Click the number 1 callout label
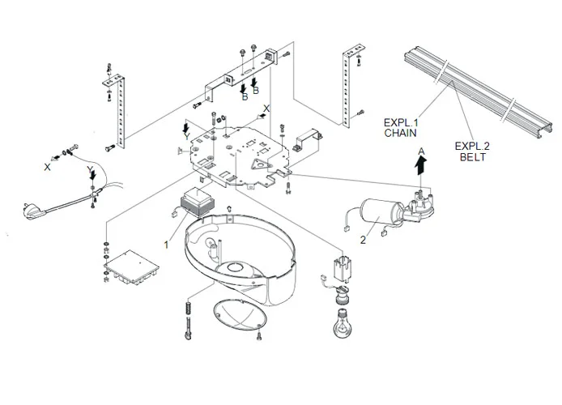point(167,242)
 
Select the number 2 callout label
point(363,239)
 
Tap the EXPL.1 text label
point(401,122)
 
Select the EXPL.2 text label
point(472,146)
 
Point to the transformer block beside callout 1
point(197,202)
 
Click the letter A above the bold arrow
point(420,151)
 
